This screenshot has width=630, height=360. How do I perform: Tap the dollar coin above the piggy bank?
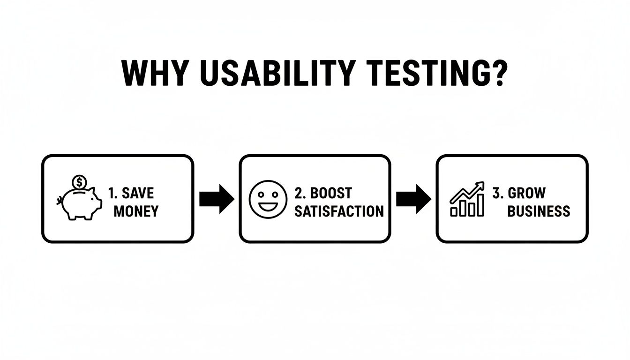(x=79, y=181)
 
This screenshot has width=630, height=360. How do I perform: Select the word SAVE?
(x=138, y=193)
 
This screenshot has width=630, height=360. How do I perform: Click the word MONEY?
(x=136, y=211)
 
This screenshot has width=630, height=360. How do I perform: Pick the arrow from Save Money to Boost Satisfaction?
(x=217, y=199)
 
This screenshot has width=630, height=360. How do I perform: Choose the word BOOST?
(x=331, y=193)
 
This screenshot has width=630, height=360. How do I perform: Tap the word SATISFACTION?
(x=339, y=211)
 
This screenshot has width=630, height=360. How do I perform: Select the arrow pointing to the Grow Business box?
(x=413, y=199)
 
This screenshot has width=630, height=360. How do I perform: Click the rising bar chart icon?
(x=467, y=200)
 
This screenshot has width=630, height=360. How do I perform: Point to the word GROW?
(x=527, y=193)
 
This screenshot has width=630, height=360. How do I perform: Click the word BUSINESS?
(x=539, y=211)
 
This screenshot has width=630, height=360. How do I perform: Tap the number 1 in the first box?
(x=112, y=193)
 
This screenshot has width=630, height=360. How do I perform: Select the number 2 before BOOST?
(x=299, y=193)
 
